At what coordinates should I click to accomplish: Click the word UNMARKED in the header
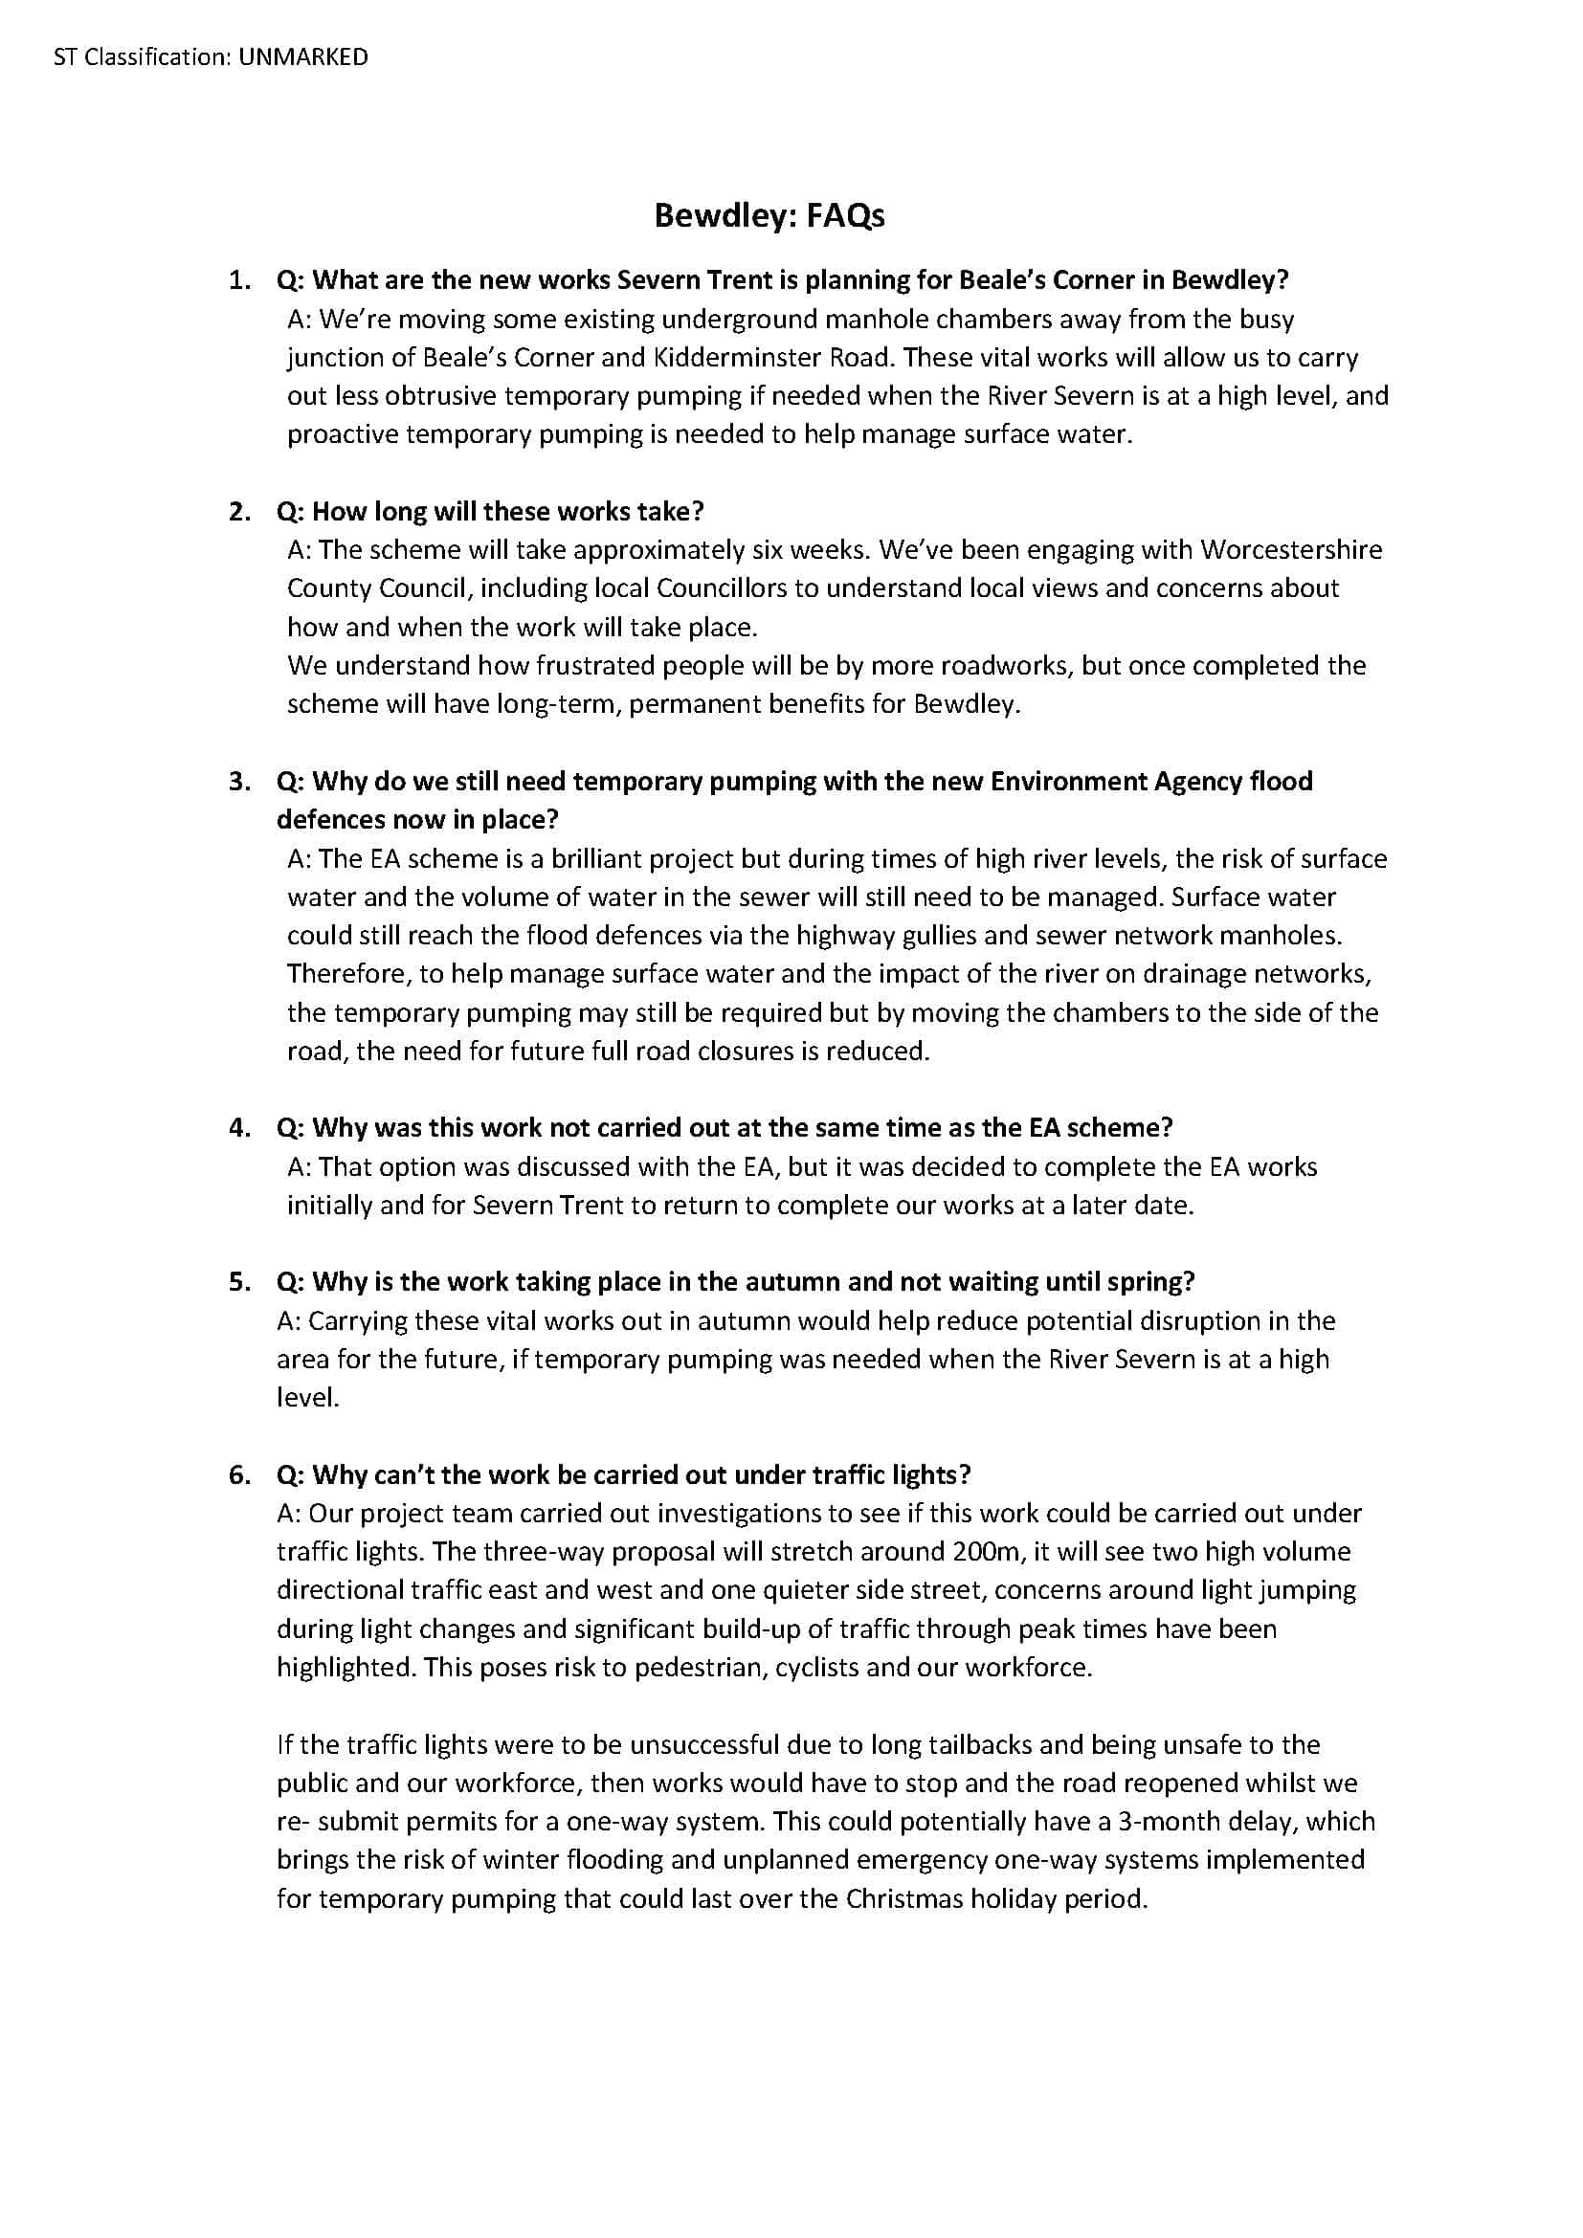point(303,57)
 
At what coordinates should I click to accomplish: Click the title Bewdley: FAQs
point(769,215)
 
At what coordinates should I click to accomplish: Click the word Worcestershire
point(1290,550)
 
